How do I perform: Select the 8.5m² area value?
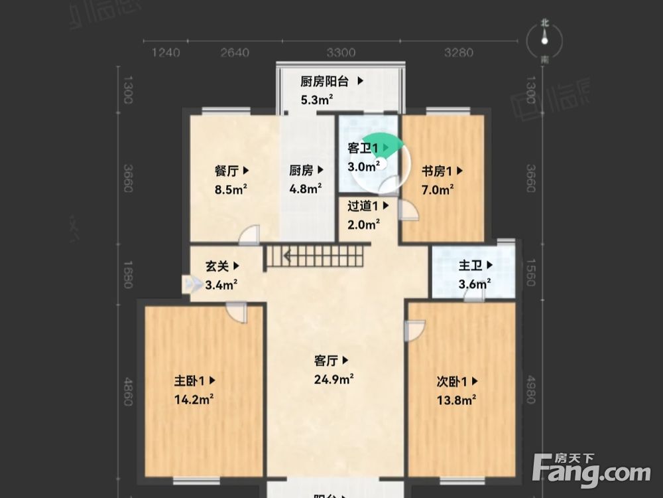coord(231,188)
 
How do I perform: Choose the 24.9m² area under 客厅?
coord(333,379)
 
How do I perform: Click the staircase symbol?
coord(315,256)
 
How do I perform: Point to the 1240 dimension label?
coord(165,52)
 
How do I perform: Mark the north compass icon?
coord(544,41)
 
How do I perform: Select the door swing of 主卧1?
coord(237,312)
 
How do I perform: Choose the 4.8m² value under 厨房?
coord(306,188)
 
